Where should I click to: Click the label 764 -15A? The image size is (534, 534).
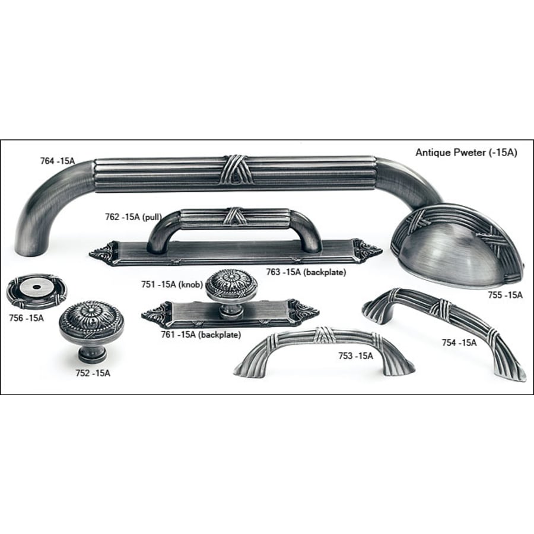[57, 161]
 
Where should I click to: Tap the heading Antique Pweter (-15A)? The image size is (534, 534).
[466, 152]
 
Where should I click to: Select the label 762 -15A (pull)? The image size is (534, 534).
[133, 217]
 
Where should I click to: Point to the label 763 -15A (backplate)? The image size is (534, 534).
[306, 272]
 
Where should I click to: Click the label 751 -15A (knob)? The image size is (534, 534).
[172, 284]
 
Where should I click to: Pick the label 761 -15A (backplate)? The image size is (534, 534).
[201, 335]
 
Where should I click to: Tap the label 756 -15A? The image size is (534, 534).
[27, 318]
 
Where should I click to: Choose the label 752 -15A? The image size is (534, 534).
[93, 373]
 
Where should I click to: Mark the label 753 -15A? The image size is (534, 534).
[355, 356]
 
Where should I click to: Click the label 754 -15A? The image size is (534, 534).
[459, 342]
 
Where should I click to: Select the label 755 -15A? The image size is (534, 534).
[505, 295]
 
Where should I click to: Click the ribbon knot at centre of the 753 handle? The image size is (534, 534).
[322, 335]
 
